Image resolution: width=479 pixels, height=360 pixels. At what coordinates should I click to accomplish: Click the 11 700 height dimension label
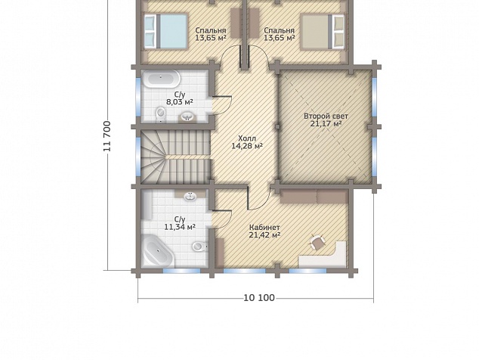[x=107, y=136]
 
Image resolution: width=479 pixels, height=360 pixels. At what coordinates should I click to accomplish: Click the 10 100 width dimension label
[x=259, y=297]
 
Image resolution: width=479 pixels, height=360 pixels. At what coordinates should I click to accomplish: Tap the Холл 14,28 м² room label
[x=247, y=142]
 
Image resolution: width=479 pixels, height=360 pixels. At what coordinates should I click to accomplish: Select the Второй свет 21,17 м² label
[x=326, y=120]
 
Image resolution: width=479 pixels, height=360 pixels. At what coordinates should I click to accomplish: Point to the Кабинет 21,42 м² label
[x=265, y=231]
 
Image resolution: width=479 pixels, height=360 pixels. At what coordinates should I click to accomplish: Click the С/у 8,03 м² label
[x=180, y=98]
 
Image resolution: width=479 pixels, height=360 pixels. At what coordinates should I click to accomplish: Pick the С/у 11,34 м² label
[x=180, y=223]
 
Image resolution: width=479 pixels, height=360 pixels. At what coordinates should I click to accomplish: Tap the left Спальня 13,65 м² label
[x=211, y=34]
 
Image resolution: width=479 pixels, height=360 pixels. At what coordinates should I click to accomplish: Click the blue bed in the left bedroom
[x=165, y=31]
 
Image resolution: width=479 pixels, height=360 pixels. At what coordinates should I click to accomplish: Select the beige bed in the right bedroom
[x=323, y=32]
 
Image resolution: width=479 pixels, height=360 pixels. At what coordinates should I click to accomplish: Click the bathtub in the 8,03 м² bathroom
[x=162, y=79]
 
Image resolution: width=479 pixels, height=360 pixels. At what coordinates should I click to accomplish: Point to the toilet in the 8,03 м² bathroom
[x=160, y=114]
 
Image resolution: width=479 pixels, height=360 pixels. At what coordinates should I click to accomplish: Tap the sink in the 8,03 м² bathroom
[x=186, y=116]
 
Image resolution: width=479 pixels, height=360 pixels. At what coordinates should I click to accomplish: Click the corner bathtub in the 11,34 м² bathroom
[x=157, y=251]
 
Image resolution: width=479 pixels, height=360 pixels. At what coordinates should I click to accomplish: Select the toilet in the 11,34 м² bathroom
[x=199, y=247]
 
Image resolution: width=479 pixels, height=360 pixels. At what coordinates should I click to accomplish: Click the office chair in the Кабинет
[x=318, y=242]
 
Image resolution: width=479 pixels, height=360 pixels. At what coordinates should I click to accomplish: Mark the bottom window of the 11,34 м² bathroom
[x=182, y=271]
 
